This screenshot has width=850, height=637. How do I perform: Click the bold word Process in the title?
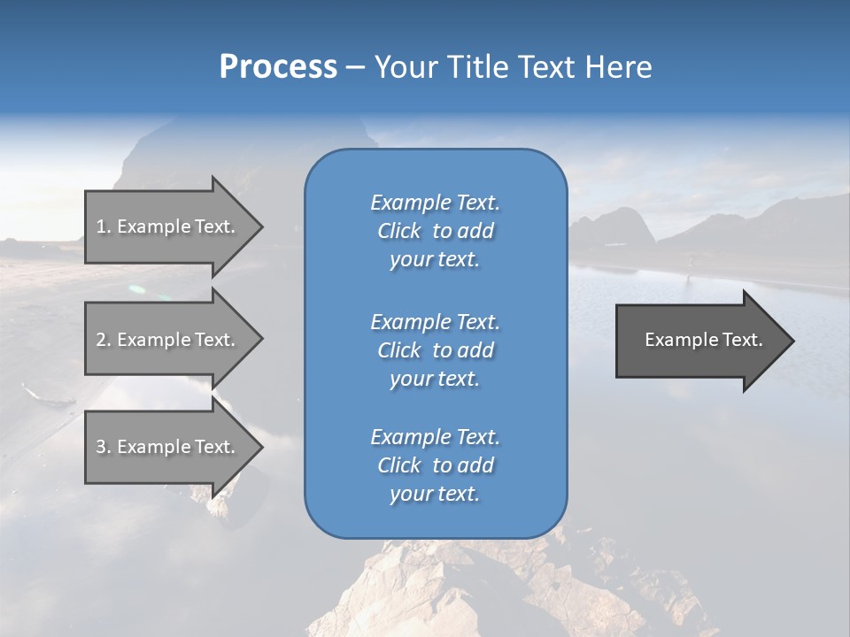278,67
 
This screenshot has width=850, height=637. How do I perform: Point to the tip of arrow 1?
260,226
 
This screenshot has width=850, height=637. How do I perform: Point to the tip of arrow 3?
260,447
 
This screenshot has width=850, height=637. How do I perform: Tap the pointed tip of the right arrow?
792,340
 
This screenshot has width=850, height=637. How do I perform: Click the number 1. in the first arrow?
104,226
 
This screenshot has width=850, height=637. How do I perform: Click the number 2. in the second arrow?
104,340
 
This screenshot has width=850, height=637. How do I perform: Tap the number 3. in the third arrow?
104,447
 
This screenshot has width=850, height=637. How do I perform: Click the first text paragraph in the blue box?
435,231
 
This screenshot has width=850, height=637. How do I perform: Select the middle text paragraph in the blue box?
435,350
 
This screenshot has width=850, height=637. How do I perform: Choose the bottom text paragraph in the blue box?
435,465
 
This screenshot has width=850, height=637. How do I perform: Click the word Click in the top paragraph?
398,231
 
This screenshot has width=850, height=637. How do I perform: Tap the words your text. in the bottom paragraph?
435,494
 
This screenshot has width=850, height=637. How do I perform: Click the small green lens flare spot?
136,288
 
